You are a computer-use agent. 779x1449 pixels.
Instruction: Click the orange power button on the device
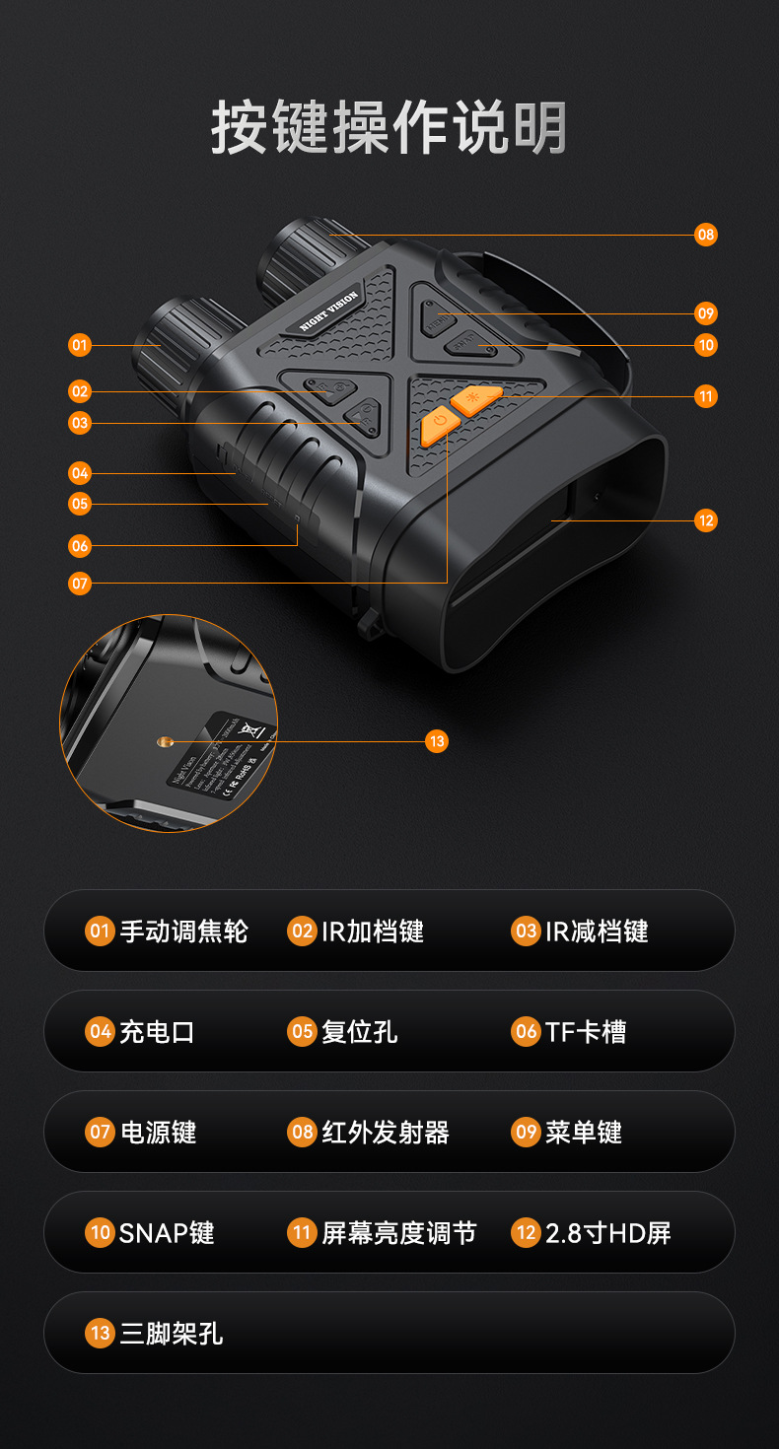[440, 427]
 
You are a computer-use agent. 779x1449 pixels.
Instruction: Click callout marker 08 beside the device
[705, 235]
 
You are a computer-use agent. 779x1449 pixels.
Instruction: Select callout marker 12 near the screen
[705, 520]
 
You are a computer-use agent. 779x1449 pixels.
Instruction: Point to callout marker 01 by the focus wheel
[80, 345]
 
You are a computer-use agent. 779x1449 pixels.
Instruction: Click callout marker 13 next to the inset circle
[437, 741]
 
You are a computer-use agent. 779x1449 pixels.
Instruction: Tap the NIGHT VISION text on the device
[329, 311]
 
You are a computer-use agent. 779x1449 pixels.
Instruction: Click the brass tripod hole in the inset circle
[165, 740]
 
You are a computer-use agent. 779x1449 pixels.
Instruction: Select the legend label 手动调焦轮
[183, 931]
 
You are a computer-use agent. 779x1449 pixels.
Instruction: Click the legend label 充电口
[157, 1032]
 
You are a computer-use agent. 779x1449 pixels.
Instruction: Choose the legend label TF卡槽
[586, 1032]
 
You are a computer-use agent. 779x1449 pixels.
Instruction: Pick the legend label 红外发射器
[386, 1133]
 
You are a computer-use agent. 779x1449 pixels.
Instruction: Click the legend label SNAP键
[167, 1233]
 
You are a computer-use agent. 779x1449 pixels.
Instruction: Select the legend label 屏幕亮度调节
[398, 1233]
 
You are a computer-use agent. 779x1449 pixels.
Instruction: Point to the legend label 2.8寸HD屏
[608, 1233]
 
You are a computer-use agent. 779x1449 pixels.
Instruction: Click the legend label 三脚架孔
[172, 1334]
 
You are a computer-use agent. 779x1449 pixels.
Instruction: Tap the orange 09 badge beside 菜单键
[526, 1133]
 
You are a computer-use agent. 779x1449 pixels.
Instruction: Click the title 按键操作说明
[389, 128]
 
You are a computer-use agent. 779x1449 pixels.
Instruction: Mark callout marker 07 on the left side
[80, 584]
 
